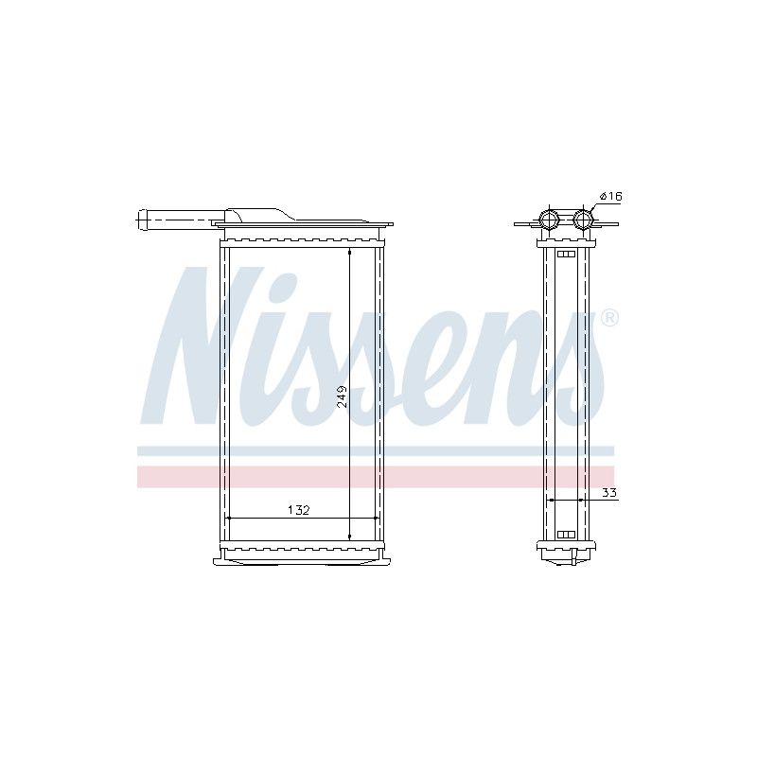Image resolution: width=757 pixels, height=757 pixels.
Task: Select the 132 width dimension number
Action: point(298,510)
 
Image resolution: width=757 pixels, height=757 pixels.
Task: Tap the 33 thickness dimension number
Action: point(609,493)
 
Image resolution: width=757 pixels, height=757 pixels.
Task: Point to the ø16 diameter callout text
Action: point(610,196)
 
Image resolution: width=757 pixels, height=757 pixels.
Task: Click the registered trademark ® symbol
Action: point(609,318)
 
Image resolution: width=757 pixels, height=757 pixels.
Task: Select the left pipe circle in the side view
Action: point(549,220)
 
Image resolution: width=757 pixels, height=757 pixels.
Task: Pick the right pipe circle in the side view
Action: point(583,220)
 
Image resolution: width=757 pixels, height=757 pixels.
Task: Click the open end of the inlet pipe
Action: point(141,220)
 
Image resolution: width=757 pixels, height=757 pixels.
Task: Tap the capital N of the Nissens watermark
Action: point(202,345)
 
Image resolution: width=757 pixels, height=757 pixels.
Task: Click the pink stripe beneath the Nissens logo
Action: point(376,477)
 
